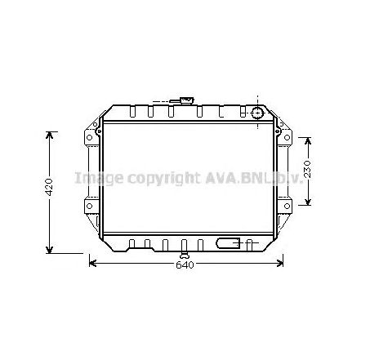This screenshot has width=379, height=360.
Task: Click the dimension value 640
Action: [x=185, y=265]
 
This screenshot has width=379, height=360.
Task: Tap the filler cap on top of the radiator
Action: [x=187, y=101]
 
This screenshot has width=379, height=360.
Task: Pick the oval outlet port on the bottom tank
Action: [x=230, y=242]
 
